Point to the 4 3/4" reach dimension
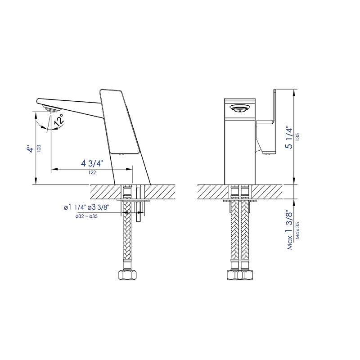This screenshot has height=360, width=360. pos(92,163)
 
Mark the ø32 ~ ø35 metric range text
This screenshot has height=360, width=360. pos(87,216)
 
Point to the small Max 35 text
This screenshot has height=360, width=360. pos(298,233)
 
